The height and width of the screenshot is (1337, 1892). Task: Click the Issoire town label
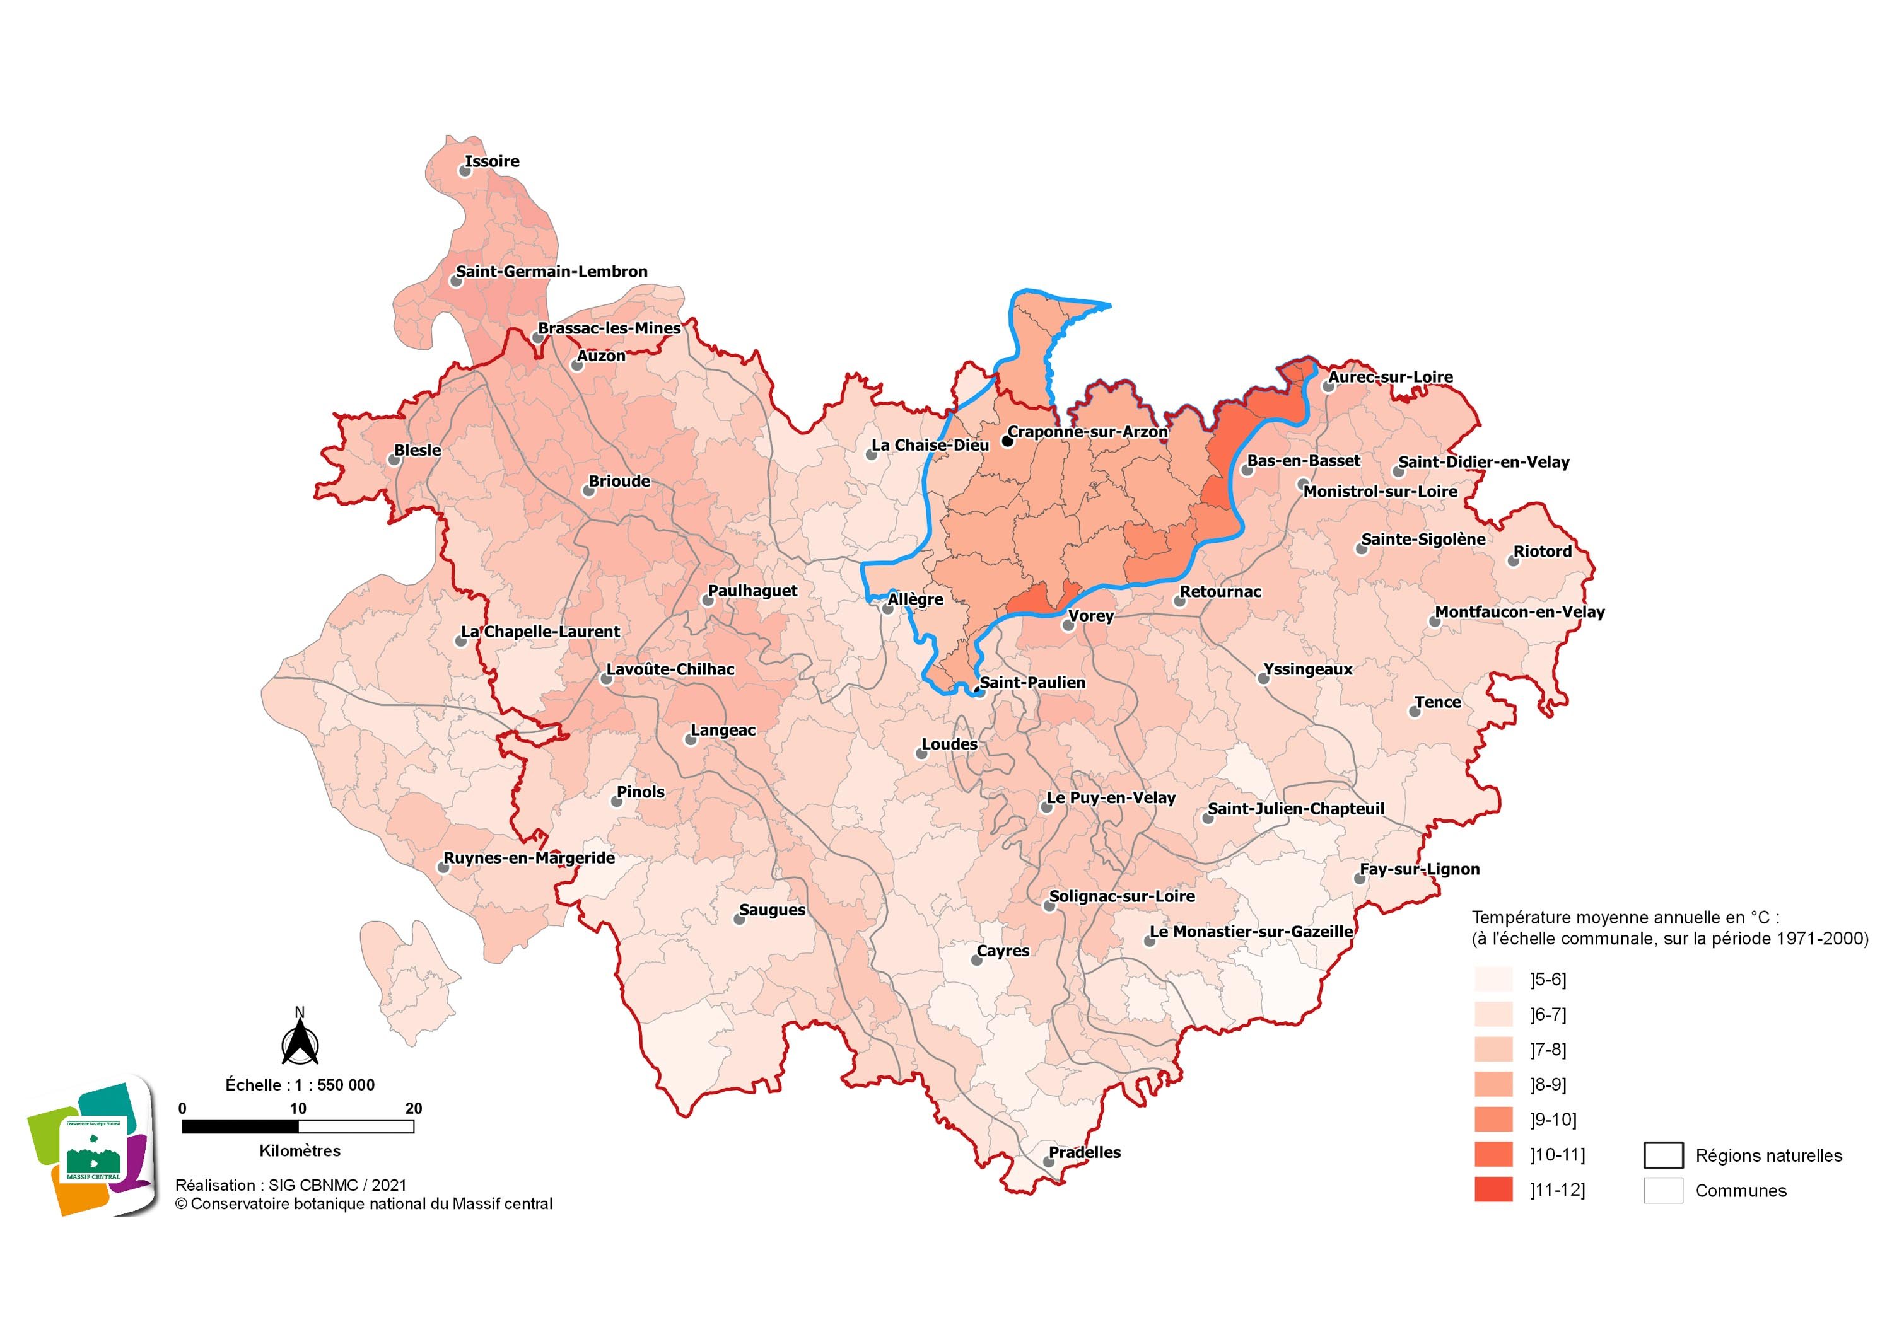coord(492,161)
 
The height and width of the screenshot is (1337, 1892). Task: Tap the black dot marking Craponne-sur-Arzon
coord(1007,441)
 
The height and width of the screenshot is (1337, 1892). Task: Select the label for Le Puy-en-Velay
coord(1111,797)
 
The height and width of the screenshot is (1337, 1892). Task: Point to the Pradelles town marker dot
coord(1048,1162)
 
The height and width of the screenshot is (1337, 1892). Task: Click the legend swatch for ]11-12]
coord(1493,1189)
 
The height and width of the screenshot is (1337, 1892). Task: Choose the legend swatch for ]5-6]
coord(1493,980)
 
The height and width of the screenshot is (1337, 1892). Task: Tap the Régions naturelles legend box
coord(1663,1155)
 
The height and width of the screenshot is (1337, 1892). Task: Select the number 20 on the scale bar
coord(414,1108)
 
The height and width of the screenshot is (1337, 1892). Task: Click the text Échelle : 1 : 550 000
coord(300,1085)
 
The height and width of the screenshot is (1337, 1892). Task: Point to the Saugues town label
coord(772,910)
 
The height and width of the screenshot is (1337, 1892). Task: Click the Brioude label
coord(620,481)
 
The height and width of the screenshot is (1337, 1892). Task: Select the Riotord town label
coord(1543,551)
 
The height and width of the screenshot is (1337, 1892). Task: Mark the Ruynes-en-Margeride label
coord(529,857)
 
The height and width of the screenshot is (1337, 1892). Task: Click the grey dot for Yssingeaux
coord(1263,679)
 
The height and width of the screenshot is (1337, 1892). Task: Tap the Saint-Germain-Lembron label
coord(551,271)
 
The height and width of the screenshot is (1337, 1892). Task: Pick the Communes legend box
coord(1663,1190)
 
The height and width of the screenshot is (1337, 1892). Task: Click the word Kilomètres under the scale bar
coord(300,1151)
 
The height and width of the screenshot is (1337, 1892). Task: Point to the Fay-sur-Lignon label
coord(1420,869)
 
